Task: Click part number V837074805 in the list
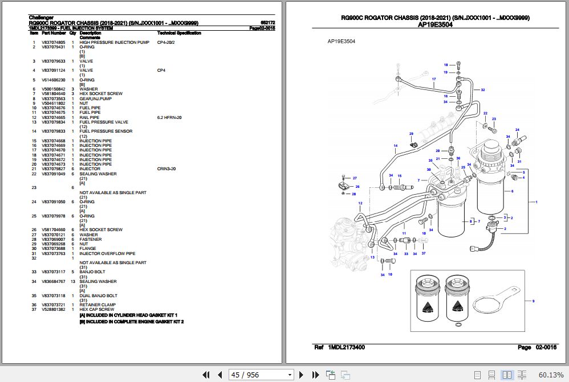pos(53,43)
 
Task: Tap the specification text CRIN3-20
pos(167,169)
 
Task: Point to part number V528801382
pos(53,310)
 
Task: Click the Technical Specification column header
pos(178,33)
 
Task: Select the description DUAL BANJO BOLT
pos(98,296)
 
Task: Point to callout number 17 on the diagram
pos(433,79)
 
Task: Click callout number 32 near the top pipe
pos(483,90)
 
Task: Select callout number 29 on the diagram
pos(411,134)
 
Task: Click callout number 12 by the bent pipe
pos(360,203)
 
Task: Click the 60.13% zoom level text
pos(551,375)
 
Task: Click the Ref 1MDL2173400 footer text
pos(340,347)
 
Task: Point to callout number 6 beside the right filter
pos(512,191)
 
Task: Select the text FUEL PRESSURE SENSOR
pos(105,132)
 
